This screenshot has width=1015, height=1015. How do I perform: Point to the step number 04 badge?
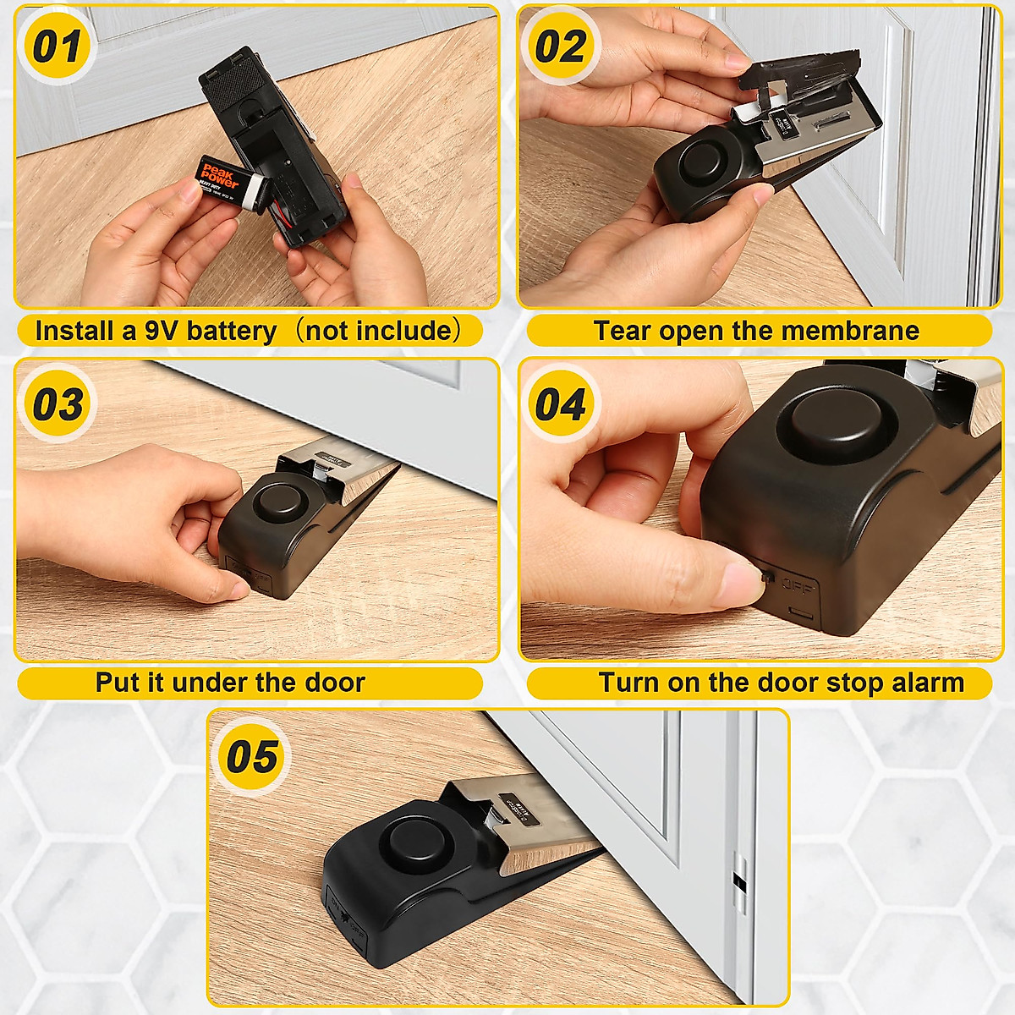click(560, 404)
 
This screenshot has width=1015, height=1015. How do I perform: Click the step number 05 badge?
click(251, 755)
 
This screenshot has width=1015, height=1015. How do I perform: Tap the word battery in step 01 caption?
click(231, 331)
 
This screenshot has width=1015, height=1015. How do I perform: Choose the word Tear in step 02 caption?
click(622, 331)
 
